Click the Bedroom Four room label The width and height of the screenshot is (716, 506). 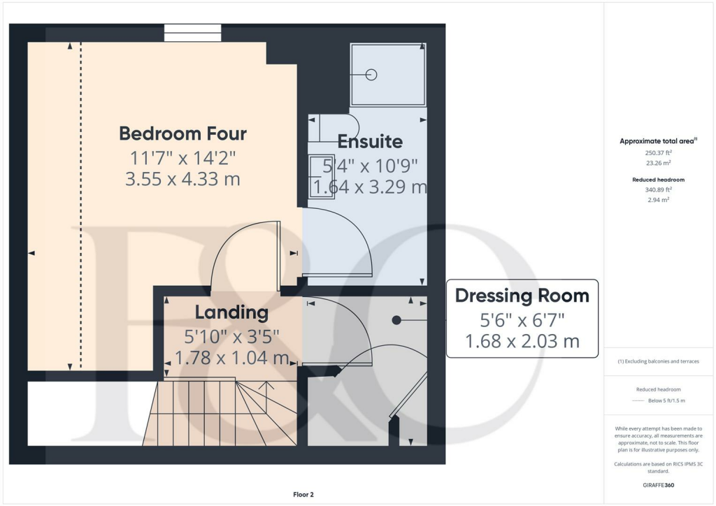coord(182,133)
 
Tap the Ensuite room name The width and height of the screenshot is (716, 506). coord(370,141)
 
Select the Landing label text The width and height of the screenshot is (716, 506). coord(231,312)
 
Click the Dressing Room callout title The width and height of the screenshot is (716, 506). coord(522,296)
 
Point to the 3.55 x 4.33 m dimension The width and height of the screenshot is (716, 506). coord(182,179)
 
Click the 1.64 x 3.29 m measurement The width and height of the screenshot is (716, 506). coord(370,187)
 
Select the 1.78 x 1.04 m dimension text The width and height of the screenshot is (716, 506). coord(231,359)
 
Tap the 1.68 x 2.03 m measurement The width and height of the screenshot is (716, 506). coord(522,342)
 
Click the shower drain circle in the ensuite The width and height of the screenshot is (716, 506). coord(371,75)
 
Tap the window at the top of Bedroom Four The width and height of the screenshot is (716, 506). coord(192,32)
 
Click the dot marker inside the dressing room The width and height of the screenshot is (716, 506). coord(396,320)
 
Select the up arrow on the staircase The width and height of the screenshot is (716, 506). coord(266,386)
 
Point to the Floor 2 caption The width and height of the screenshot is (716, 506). coord(303,495)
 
